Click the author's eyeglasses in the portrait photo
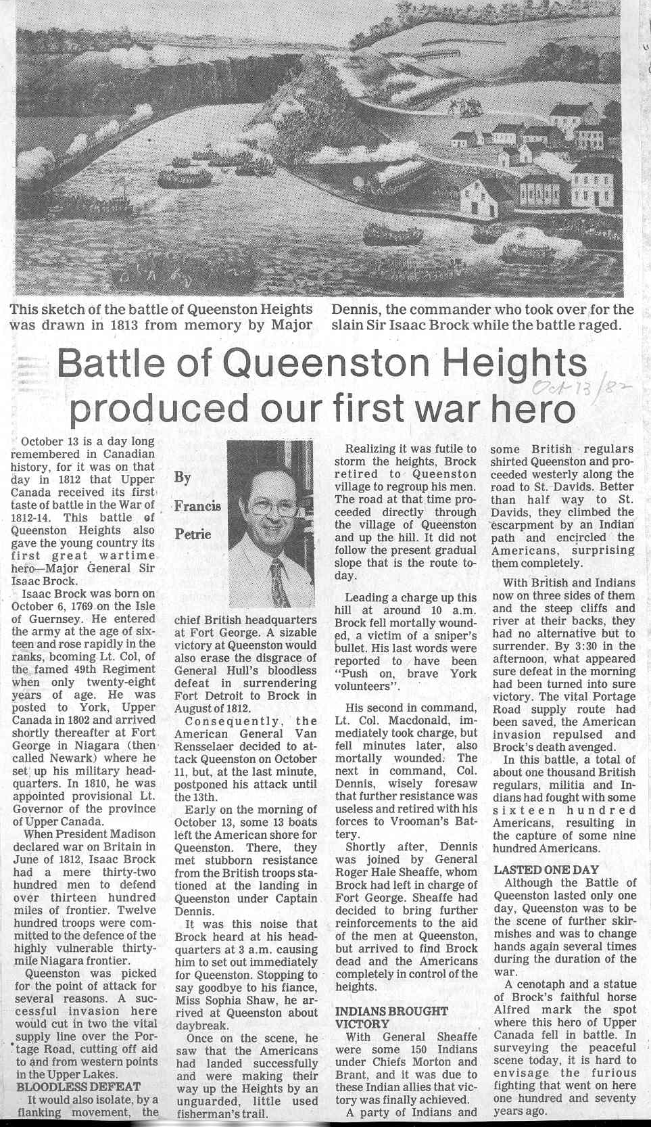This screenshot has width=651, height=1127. (x=270, y=505)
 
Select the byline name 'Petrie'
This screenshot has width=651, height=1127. (x=193, y=534)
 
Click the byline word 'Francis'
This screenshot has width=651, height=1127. (x=197, y=506)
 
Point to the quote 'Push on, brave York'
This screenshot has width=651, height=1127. (x=406, y=674)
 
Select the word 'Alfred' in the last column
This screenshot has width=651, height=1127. (x=511, y=1009)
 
